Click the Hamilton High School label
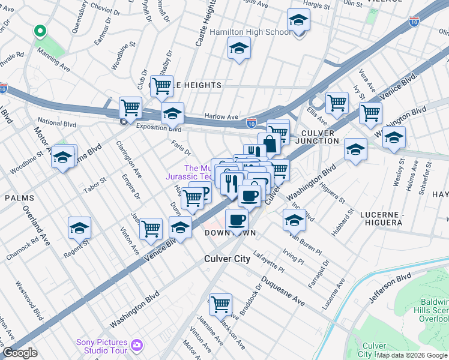(251, 32)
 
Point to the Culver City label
(224, 259)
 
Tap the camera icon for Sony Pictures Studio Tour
(137, 345)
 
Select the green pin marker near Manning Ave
(40, 31)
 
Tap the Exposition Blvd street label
(158, 128)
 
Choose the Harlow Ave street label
(221, 117)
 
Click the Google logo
(19, 353)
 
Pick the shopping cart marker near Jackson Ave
(220, 304)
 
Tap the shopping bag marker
(270, 144)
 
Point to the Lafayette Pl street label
(268, 262)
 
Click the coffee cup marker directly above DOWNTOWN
(237, 219)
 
